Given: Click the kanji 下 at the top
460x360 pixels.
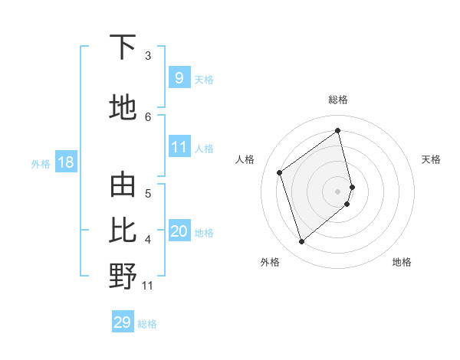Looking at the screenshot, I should click(123, 47).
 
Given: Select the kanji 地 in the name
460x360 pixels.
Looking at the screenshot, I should click(123, 107).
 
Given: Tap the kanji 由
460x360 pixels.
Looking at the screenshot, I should click(123, 186).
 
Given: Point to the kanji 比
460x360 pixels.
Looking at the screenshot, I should click(123, 231).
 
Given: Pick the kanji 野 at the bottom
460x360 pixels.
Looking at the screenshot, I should click(123, 277).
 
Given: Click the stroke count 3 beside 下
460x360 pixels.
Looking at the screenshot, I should click(148, 56).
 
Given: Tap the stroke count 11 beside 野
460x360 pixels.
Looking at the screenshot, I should click(148, 286).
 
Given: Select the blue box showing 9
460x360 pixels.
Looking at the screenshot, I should click(179, 77).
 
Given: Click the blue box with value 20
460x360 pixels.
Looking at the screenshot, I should click(179, 231).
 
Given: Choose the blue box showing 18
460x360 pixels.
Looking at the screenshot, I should click(65, 162).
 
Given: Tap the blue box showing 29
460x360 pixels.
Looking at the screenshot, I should click(123, 322).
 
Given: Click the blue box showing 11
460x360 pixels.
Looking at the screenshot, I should click(179, 147).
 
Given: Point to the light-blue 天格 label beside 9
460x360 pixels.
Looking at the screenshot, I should click(204, 79).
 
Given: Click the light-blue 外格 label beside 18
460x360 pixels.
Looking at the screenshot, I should click(41, 163).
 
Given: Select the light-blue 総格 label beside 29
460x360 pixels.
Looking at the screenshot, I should click(147, 324).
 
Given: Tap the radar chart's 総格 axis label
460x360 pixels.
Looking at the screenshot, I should click(338, 100).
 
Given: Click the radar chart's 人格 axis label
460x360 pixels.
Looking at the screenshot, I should click(245, 159).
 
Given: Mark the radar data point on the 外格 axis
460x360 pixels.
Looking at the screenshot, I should click(301, 242).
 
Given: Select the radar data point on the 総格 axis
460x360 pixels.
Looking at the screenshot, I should click(338, 130).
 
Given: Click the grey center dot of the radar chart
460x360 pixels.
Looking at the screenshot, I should click(338, 190).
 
